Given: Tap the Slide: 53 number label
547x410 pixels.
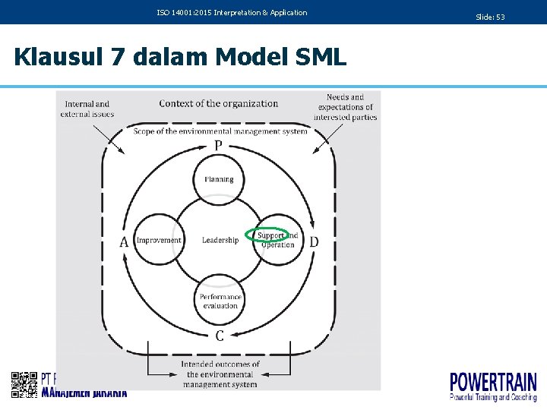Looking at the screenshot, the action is click(x=490, y=17).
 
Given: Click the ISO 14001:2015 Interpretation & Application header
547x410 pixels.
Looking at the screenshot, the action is click(x=232, y=13).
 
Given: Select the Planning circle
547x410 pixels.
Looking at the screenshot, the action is click(x=219, y=180).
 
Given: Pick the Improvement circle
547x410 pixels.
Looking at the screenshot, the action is click(x=159, y=241).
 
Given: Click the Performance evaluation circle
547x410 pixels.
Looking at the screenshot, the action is click(x=220, y=301).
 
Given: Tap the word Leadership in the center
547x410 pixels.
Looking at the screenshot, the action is click(x=220, y=241).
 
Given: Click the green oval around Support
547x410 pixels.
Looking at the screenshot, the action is click(x=268, y=235).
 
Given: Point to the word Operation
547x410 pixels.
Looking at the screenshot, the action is click(x=278, y=245).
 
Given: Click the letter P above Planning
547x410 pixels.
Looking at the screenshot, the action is click(x=219, y=146).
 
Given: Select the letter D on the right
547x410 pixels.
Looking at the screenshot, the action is click(x=314, y=242).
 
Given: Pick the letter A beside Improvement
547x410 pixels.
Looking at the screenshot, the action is click(x=124, y=242).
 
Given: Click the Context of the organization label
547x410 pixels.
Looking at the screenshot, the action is click(x=219, y=104).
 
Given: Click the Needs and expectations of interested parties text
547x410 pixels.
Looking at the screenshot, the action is click(x=346, y=107).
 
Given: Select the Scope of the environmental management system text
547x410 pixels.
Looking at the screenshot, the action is click(x=220, y=131).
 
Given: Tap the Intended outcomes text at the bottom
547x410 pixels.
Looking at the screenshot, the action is click(x=220, y=374).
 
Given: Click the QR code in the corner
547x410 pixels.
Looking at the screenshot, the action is click(x=24, y=385).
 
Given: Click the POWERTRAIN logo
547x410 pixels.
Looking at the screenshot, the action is click(x=493, y=386).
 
